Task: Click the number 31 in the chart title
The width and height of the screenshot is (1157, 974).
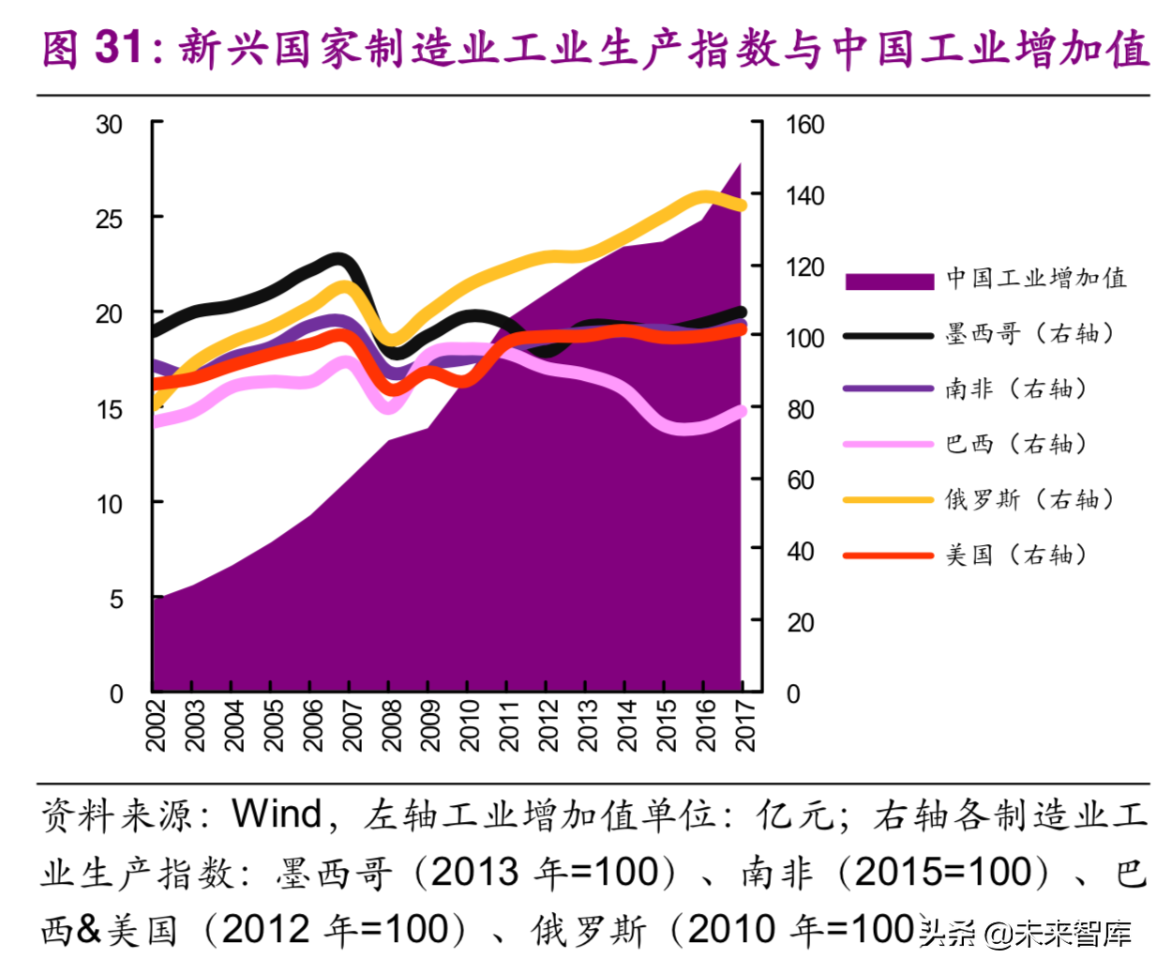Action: [119, 47]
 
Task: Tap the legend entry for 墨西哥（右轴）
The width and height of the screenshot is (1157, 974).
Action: [1029, 334]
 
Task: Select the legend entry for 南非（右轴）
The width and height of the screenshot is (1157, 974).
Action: [1015, 388]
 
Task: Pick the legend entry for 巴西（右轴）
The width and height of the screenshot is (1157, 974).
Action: [1015, 444]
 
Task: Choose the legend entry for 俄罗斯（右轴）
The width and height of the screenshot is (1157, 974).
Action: [1029, 499]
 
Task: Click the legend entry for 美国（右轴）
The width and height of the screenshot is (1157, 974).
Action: [1015, 555]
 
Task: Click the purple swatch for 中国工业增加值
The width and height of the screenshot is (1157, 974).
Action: [889, 281]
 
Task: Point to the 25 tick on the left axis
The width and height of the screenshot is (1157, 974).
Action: [109, 220]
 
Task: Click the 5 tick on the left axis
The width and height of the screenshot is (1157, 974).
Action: [116, 600]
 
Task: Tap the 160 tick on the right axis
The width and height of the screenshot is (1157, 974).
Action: [804, 125]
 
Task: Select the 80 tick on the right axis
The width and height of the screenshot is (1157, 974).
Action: [800, 409]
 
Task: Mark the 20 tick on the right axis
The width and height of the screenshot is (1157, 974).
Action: [800, 622]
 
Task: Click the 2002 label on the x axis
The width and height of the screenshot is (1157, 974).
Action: [156, 724]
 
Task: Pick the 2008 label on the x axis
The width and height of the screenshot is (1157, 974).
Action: [391, 724]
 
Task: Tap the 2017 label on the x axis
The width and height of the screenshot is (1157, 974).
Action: [744, 724]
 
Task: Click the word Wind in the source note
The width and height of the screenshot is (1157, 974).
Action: [277, 814]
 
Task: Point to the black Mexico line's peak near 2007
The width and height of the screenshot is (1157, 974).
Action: [338, 260]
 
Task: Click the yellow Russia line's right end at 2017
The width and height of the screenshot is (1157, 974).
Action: [741, 205]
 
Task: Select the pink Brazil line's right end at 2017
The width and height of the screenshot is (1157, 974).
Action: [741, 411]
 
